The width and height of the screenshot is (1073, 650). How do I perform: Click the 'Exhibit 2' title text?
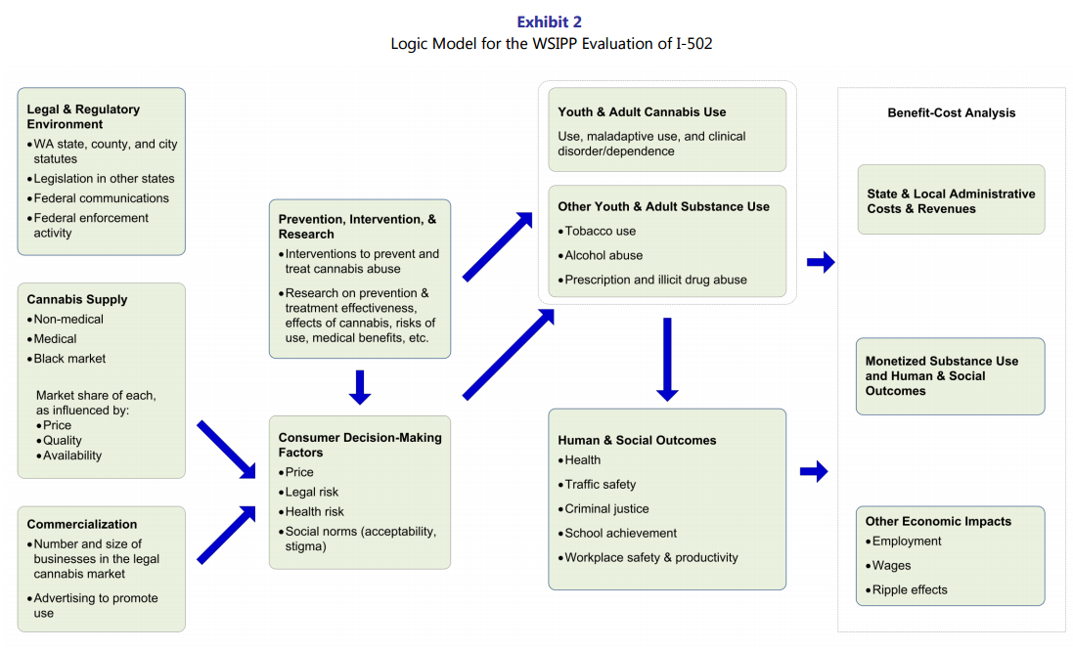tap(549, 22)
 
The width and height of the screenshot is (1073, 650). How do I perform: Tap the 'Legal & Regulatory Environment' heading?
tap(83, 116)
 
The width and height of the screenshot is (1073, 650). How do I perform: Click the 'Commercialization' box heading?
tap(82, 524)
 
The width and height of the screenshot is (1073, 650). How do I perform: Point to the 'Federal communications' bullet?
tap(102, 198)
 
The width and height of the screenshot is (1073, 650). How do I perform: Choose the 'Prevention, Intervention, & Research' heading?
tap(357, 227)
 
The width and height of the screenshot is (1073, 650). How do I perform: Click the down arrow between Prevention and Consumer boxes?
tap(360, 387)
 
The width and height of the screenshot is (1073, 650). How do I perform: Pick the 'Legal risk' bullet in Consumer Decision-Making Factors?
tap(311, 492)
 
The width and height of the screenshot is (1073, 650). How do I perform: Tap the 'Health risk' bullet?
tap(314, 511)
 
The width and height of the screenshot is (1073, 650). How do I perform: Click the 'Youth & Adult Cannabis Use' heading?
tap(642, 112)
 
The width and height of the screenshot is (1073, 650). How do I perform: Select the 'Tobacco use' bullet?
tap(600, 232)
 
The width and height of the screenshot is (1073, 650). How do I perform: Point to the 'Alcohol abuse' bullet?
tap(604, 255)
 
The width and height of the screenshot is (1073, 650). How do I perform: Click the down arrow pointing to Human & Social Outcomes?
tap(666, 360)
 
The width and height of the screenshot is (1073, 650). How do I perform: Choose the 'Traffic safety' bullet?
tap(600, 485)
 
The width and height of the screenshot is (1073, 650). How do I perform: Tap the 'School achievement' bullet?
tap(620, 534)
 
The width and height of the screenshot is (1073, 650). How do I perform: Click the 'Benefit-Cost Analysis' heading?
tap(951, 113)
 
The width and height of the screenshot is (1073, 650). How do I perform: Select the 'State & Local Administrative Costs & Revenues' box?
tap(951, 200)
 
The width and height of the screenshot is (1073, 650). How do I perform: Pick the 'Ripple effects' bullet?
tap(910, 590)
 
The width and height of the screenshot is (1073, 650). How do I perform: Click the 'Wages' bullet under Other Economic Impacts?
tap(891, 566)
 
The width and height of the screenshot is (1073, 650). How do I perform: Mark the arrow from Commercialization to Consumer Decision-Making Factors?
tap(226, 536)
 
